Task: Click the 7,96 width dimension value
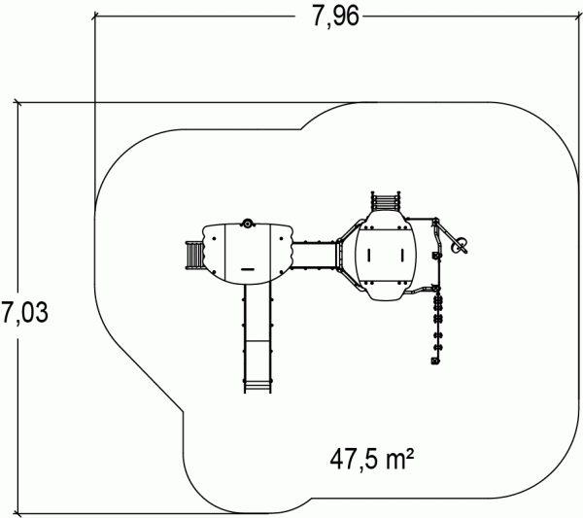pyautogui.click(x=335, y=17)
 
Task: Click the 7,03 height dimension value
pyautogui.click(x=24, y=313)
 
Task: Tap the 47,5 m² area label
pyautogui.click(x=372, y=460)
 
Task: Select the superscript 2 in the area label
pyautogui.click(x=410, y=453)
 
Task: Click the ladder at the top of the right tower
pyautogui.click(x=386, y=201)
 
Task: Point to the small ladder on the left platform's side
pyautogui.click(x=194, y=255)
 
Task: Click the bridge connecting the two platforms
pyautogui.click(x=315, y=255)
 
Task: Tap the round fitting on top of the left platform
pyautogui.click(x=247, y=224)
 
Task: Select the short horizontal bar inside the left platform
pyautogui.click(x=247, y=269)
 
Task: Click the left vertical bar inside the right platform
pyautogui.click(x=369, y=255)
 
